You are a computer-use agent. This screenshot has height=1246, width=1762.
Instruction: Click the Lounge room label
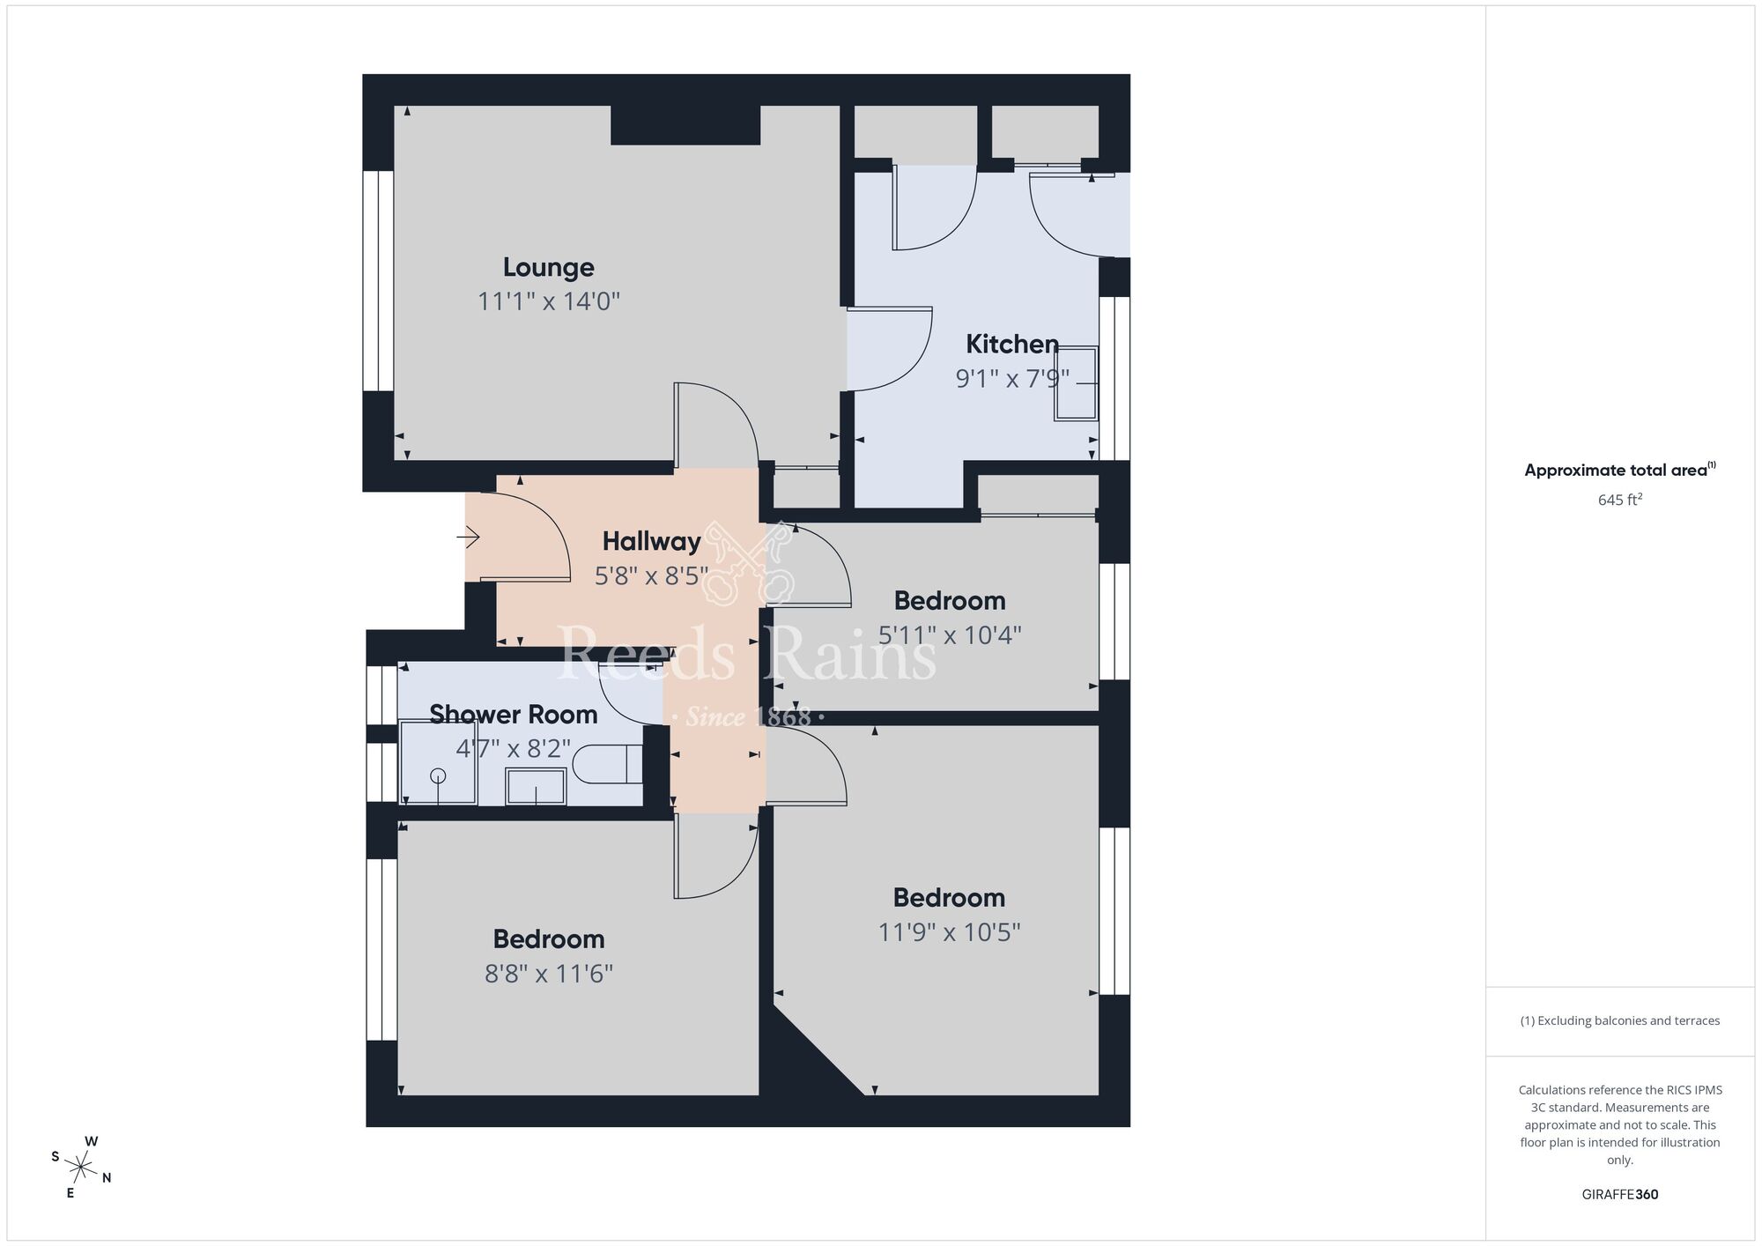548,267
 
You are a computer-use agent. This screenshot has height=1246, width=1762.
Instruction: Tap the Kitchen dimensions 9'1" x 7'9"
1012,379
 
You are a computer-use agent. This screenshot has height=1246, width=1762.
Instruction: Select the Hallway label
651,541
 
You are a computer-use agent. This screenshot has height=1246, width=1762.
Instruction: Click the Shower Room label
513,714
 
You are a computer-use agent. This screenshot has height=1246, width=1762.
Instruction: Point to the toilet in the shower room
608,763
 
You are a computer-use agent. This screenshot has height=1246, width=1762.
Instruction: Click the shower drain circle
438,776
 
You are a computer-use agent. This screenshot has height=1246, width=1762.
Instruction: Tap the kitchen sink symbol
1077,383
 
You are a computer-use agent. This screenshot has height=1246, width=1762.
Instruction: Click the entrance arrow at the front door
468,536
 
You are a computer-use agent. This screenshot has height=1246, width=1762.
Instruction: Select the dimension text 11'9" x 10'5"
949,932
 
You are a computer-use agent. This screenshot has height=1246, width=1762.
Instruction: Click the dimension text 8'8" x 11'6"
548,974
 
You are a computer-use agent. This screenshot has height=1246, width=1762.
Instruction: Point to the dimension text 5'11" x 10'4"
949,635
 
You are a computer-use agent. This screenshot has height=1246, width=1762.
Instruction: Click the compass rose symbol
81,1168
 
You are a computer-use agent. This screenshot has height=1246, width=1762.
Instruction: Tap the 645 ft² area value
1619,500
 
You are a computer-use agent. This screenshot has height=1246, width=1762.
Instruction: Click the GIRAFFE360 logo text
1619,1195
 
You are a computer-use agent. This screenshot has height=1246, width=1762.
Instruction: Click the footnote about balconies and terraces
1619,1020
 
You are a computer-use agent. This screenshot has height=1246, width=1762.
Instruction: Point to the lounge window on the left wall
379,280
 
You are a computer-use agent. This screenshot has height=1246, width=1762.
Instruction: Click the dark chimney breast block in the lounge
685,125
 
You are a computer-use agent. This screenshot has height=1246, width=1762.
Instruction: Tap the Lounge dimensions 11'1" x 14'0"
548,301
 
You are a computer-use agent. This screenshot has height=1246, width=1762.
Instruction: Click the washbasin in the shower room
536,786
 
